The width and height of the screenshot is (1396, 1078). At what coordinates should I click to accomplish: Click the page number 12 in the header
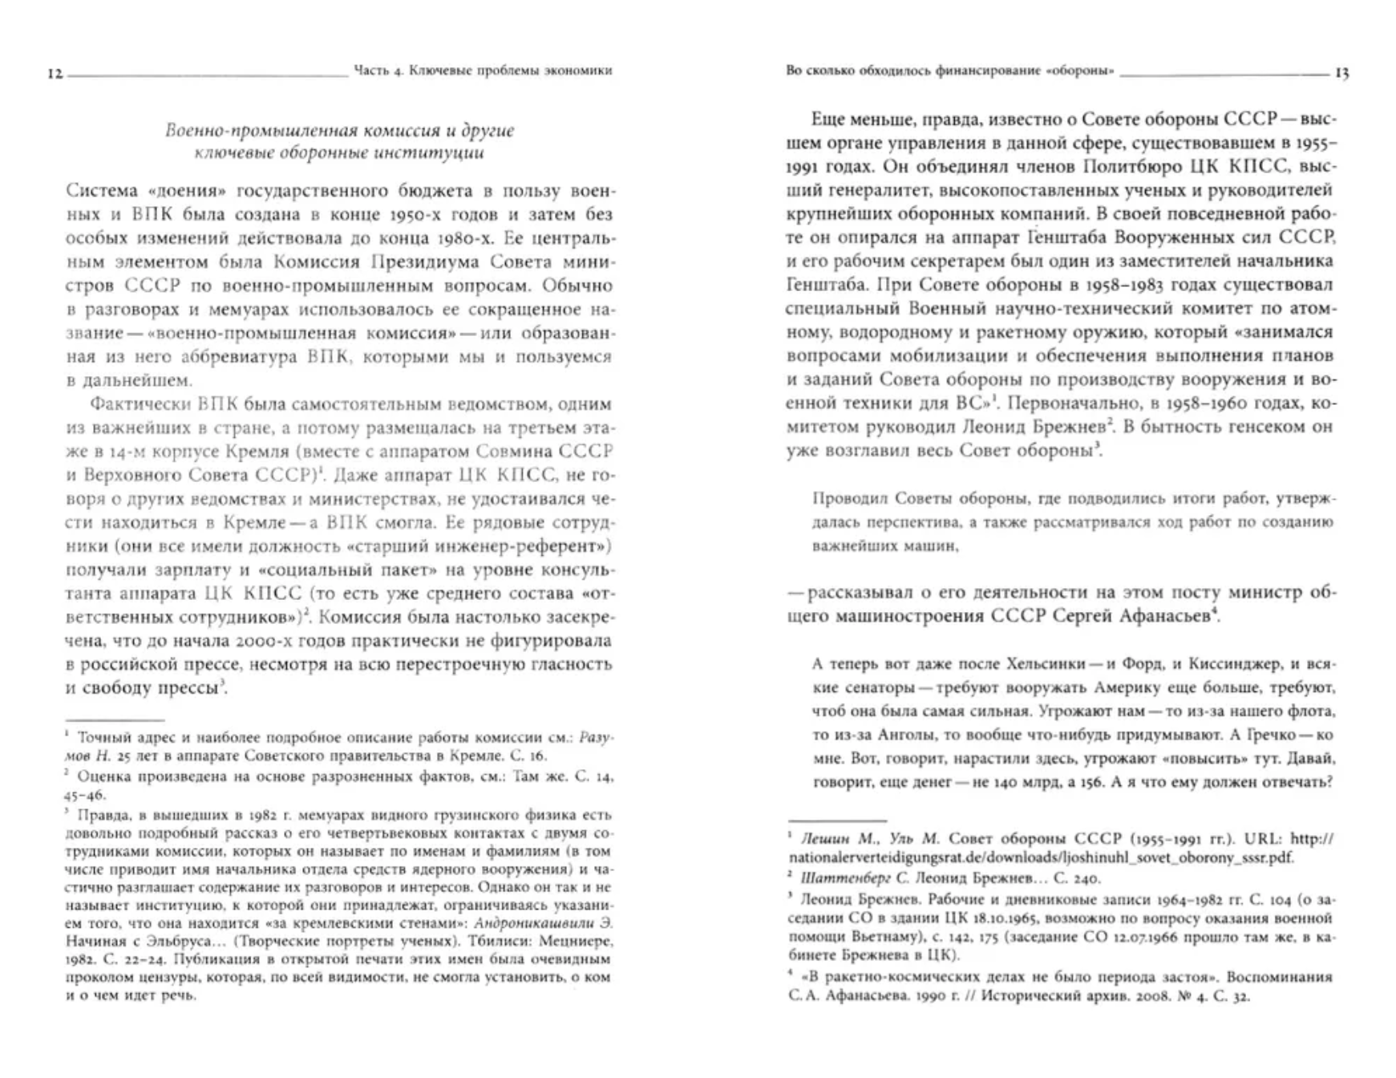click(55, 74)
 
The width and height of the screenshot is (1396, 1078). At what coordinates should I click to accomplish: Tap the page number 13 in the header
click(1341, 74)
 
